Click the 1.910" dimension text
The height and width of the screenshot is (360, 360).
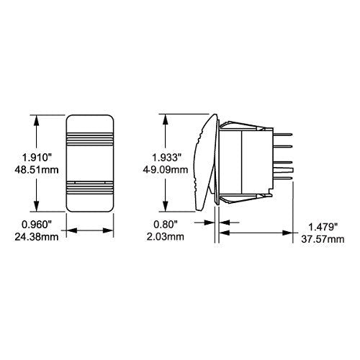point(37,158)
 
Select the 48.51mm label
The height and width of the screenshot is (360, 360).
point(37,170)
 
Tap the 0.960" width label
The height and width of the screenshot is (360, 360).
point(37,225)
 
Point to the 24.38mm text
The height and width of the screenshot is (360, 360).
point(37,237)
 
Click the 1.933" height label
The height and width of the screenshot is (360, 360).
point(166,158)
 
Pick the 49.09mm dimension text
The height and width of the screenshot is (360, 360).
point(166,170)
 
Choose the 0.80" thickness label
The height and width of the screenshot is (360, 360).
point(166,225)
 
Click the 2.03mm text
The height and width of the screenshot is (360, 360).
point(166,237)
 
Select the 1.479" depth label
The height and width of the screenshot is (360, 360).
point(323,227)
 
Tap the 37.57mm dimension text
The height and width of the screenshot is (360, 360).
point(323,239)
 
